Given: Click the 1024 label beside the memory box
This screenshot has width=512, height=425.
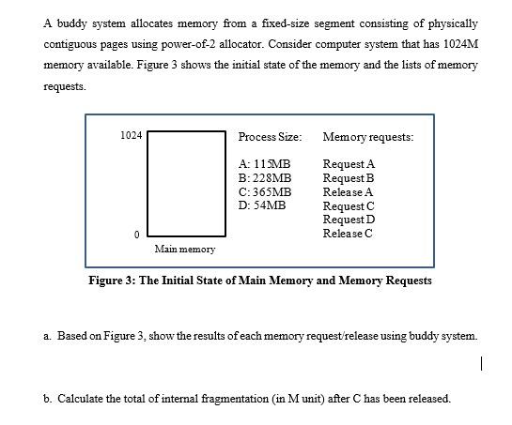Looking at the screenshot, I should pos(132,136).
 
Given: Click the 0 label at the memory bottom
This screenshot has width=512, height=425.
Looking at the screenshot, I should pos(136,234).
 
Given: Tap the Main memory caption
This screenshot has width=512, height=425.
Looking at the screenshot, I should pos(185,249).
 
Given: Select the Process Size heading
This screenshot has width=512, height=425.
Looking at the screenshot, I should pos(271,137).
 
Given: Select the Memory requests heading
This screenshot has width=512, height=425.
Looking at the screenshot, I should pos(367,137).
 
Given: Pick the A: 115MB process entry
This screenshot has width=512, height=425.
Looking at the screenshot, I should pos(265,164).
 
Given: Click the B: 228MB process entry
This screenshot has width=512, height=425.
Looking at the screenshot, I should pos(265,177).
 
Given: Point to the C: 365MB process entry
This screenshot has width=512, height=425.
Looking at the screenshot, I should pos(265,191).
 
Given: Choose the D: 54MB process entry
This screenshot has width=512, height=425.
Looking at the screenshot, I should pos(262,205).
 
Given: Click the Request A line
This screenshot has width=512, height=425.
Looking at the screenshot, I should pos(348,164).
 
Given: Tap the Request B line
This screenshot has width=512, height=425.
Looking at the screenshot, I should pos(348,177).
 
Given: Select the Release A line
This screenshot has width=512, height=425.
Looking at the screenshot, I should pos(347,191).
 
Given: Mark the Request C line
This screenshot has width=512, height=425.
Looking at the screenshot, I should pos(348,205).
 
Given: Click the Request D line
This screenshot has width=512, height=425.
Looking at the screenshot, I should pos(348,219).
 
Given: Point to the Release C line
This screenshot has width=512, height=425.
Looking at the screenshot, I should pos(347,233).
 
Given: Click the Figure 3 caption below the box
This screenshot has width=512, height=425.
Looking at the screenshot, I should pos(259,281).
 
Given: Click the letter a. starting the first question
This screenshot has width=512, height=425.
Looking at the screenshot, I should pos(47,335).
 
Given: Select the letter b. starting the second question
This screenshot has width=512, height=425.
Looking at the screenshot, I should pos(47,398).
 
